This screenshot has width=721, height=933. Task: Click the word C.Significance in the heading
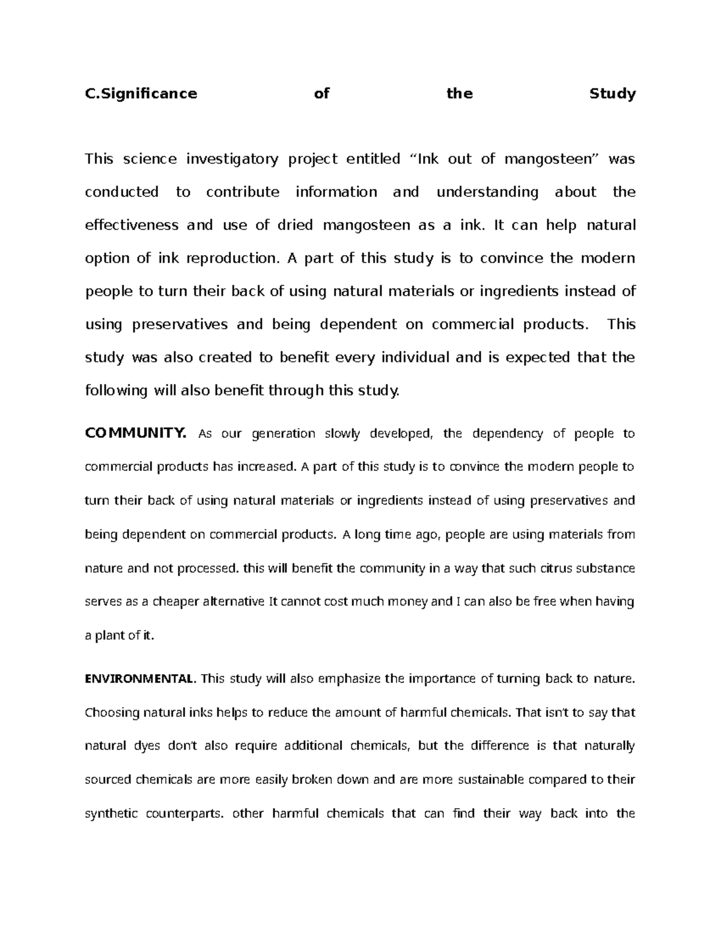(141, 94)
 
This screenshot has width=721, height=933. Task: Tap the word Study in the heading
(612, 94)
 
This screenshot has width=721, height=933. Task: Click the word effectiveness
(132, 225)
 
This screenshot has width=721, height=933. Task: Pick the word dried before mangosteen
(296, 225)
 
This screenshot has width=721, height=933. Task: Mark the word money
(410, 601)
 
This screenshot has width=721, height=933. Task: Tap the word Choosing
(112, 713)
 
